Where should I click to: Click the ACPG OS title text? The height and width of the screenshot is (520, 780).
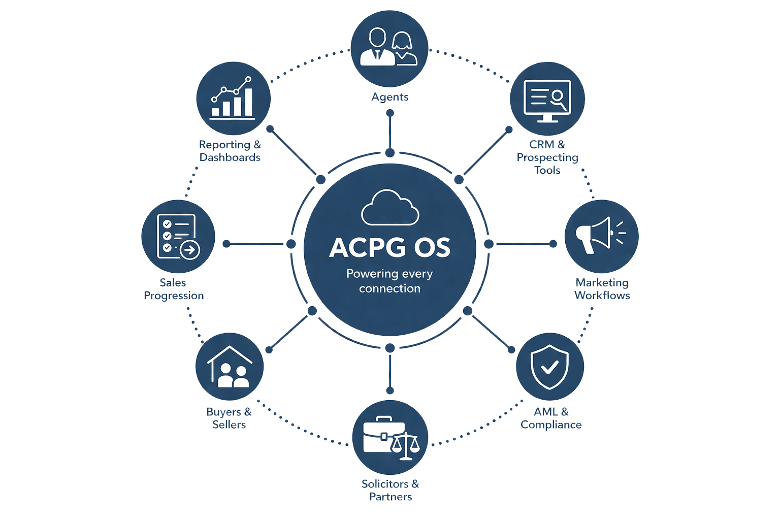(x=389, y=248)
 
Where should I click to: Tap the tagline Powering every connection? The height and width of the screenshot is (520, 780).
(x=389, y=281)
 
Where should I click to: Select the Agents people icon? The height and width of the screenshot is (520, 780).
(x=389, y=47)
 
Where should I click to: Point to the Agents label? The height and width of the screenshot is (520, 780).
(x=389, y=97)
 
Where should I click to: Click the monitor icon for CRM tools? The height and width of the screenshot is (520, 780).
(x=547, y=101)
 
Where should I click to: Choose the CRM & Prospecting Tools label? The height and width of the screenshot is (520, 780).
(x=547, y=157)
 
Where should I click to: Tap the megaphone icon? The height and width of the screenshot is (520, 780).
(x=600, y=235)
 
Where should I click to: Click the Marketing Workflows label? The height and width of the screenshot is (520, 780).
(x=602, y=289)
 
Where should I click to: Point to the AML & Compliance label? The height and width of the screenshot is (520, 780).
(x=551, y=418)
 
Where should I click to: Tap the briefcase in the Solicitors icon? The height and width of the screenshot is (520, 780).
(x=382, y=435)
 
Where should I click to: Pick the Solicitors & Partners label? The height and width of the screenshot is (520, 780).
(x=390, y=490)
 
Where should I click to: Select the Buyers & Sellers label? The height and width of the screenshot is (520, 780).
(x=229, y=418)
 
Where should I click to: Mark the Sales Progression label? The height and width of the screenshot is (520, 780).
(x=173, y=289)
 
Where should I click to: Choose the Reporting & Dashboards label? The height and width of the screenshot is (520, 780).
(x=230, y=151)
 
